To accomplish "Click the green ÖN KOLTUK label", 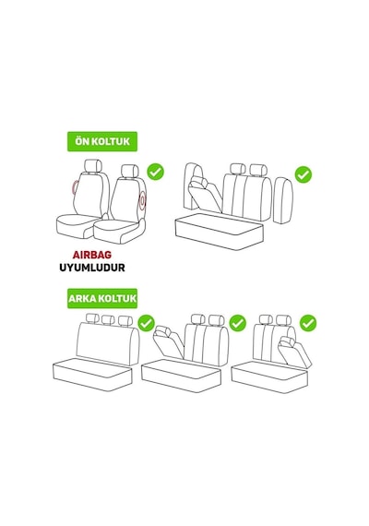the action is pyautogui.click(x=102, y=141).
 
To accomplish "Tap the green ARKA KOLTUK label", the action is pyautogui.click(x=102, y=298).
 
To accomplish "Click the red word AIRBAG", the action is pyautogui.click(x=92, y=255).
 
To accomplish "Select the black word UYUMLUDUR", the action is pyautogui.click(x=92, y=268).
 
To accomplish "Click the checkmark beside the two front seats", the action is pyautogui.click(x=156, y=172).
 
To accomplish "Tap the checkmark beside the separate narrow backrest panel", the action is pyautogui.click(x=304, y=174).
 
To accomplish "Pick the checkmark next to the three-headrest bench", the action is pyautogui.click(x=147, y=323).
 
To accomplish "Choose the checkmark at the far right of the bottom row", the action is pyautogui.click(x=308, y=323).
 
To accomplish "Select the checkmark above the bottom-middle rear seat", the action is pyautogui.click(x=237, y=323).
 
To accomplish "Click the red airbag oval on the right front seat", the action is pyautogui.click(x=143, y=200).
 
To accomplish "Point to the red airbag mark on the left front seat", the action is pyautogui.click(x=75, y=188).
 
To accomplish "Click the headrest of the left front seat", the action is pyautogui.click(x=93, y=166).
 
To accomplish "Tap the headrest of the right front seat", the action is pyautogui.click(x=130, y=172).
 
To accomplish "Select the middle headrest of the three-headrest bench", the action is pyautogui.click(x=108, y=320).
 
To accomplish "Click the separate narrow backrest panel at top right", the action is pyautogui.click(x=283, y=200).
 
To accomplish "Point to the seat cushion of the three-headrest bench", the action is pyautogui.click(x=92, y=374).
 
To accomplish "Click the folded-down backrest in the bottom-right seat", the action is pyautogui.click(x=294, y=352).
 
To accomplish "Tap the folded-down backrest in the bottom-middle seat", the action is pyautogui.click(x=169, y=341).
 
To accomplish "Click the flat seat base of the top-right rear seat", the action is pyautogui.click(x=220, y=232).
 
